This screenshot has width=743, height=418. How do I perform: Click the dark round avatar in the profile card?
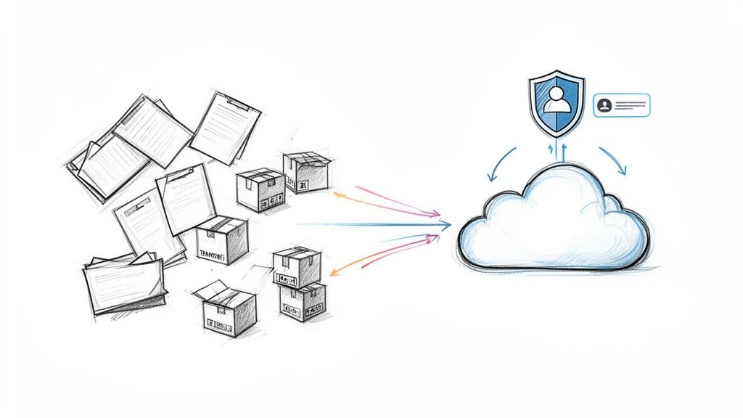[x=604, y=105]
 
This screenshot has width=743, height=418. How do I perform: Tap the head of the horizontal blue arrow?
[x=447, y=226]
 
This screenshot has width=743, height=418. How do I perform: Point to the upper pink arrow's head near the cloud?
[x=437, y=215]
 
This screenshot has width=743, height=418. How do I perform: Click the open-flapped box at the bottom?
[x=226, y=309]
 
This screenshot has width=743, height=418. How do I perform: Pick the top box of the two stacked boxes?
[x=296, y=268]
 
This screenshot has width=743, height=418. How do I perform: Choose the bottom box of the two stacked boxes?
[x=302, y=302]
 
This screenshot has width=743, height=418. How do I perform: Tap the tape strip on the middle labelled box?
[x=221, y=224]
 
